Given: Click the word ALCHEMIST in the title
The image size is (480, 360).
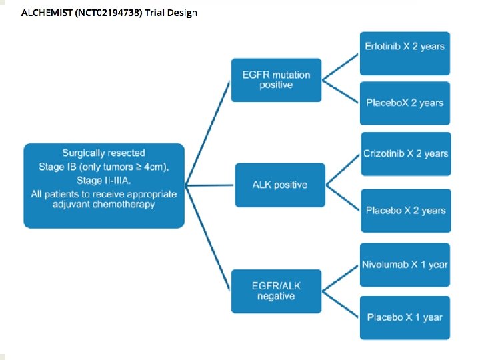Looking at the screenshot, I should pos(47,13).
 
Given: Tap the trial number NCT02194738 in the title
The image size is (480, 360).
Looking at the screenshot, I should pos(109,13).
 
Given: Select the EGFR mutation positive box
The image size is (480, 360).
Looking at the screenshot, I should pos(276,80).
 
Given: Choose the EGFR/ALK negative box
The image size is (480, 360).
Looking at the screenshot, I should pos(276,291).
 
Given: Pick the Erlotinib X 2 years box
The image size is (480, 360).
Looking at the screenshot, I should pos(405,46).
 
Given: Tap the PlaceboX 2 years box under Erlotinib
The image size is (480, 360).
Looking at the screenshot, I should pos(405,103).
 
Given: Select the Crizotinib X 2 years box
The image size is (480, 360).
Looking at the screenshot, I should pos(405,154).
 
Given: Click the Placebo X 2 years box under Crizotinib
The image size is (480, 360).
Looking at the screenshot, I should pos(405,211).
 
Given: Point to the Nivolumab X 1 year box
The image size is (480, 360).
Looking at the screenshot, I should pos(405,265).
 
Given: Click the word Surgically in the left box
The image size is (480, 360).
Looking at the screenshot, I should pos(87,153).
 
